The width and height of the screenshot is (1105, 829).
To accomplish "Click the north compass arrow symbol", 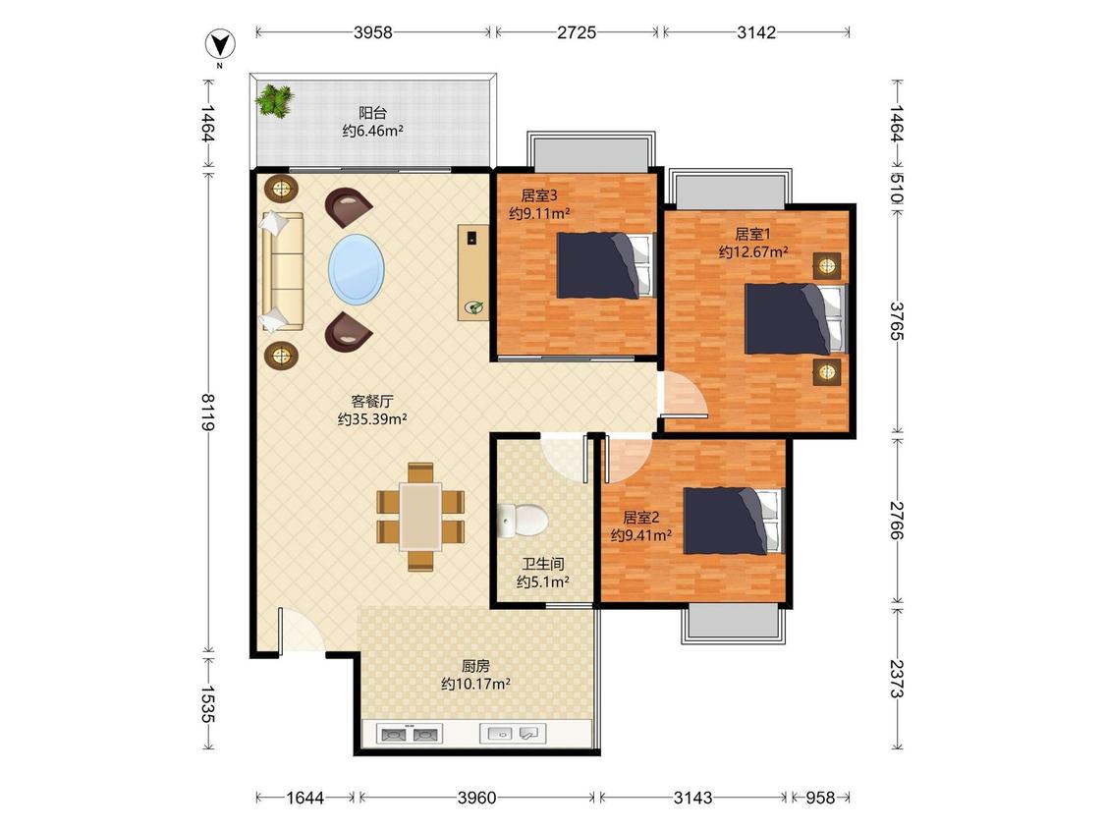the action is tap(220, 45).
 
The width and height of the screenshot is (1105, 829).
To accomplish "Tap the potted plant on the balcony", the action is tap(274, 101).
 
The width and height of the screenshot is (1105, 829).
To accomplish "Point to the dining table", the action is tap(420, 517).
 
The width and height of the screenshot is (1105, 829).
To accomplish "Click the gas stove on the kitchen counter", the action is tap(410, 735).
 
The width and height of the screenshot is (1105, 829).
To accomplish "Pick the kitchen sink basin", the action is tap(513, 734).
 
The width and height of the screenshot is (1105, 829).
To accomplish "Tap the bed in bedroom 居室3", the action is tap(605, 265).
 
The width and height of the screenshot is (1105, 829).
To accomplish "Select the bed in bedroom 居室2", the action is tap(733, 522).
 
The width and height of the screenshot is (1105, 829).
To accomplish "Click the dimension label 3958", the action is tap(373, 32).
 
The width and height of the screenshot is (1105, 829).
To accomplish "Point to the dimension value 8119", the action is tap(208, 412).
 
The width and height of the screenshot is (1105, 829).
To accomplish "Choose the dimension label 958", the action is tap(820, 798).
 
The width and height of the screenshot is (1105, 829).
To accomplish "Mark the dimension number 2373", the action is tap(896, 678).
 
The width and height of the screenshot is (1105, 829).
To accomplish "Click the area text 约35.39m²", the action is tap(372, 420).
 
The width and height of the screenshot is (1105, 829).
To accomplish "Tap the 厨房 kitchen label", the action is tap(475, 665).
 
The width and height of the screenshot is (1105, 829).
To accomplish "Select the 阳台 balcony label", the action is tap(373, 113).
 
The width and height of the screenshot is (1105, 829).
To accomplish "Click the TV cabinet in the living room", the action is tap(472, 272).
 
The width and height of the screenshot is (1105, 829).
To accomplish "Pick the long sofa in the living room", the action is tap(282, 271).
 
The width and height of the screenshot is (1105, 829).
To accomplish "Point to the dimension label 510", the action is tap(896, 189).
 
